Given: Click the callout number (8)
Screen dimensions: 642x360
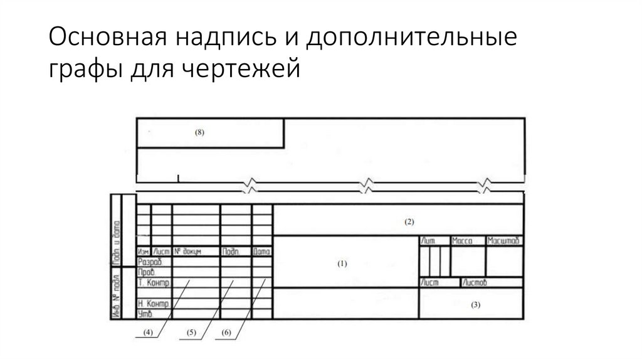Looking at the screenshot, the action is pyautogui.click(x=199, y=133).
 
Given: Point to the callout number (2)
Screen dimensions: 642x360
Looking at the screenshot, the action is pyautogui.click(x=409, y=221).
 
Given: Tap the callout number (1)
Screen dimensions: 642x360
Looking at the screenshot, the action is pyautogui.click(x=342, y=264).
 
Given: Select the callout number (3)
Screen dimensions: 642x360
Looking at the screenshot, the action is pyautogui.click(x=475, y=305).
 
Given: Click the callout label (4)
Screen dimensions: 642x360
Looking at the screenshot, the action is pyautogui.click(x=149, y=332).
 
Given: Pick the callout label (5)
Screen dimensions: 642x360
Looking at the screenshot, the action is pyautogui.click(x=192, y=332).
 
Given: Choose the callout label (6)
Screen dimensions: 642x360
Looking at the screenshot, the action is pyautogui.click(x=226, y=332).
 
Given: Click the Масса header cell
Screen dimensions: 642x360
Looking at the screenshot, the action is pyautogui.click(x=463, y=241).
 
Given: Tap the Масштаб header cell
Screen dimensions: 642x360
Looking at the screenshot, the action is pyautogui.click(x=504, y=241).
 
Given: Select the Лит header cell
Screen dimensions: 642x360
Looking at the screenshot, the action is pyautogui.click(x=429, y=241).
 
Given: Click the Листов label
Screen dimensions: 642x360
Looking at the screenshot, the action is pyautogui.click(x=473, y=283).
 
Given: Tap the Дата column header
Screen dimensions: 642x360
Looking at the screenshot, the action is pyautogui.click(x=261, y=251).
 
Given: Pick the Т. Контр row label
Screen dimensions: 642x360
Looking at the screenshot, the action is pyautogui.click(x=154, y=283).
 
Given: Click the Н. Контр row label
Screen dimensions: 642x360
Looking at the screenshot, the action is pyautogui.click(x=154, y=304).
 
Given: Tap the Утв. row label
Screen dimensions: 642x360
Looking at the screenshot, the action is pyautogui.click(x=145, y=312).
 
